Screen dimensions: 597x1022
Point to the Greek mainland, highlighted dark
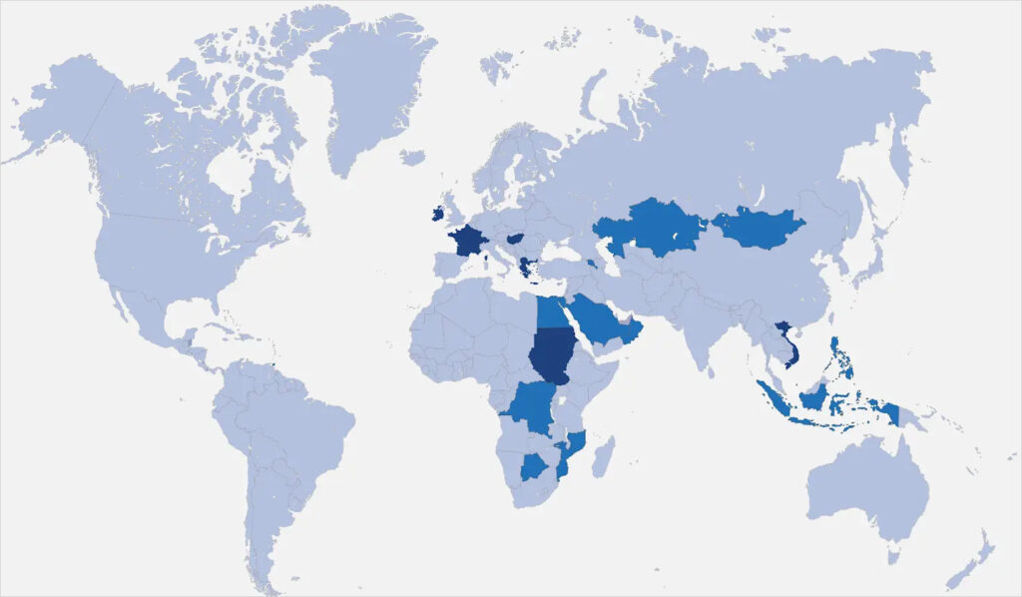(526, 267)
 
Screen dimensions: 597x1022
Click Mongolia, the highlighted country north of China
(760, 229)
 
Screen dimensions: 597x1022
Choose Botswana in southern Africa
(536, 465)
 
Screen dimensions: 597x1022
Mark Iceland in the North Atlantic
(412, 158)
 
